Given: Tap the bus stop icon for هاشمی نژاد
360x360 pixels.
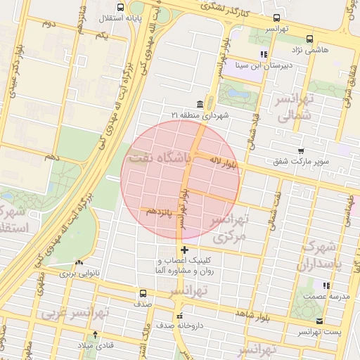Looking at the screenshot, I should tap(310, 40).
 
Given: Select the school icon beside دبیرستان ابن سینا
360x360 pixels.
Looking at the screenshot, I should tap(264, 53).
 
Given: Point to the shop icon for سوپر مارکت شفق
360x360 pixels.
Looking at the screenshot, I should tap(301, 151).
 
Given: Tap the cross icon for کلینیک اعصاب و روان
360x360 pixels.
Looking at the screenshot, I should tap(184, 250).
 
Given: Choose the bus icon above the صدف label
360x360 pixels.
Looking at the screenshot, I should tap(143, 293).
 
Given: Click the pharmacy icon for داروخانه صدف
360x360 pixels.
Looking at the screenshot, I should tap(180, 316).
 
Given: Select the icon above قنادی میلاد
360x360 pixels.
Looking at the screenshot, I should tap(96, 335).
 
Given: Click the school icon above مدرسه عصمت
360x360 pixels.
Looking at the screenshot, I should tap(326, 285).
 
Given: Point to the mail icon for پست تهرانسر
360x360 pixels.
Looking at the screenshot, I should tap(320, 321).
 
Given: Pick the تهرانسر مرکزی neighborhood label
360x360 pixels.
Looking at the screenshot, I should tap(232, 229).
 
